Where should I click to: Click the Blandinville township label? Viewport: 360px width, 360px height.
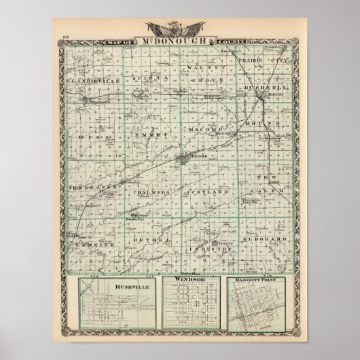point(90,80)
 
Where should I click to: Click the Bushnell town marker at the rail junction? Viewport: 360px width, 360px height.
point(262,100)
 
